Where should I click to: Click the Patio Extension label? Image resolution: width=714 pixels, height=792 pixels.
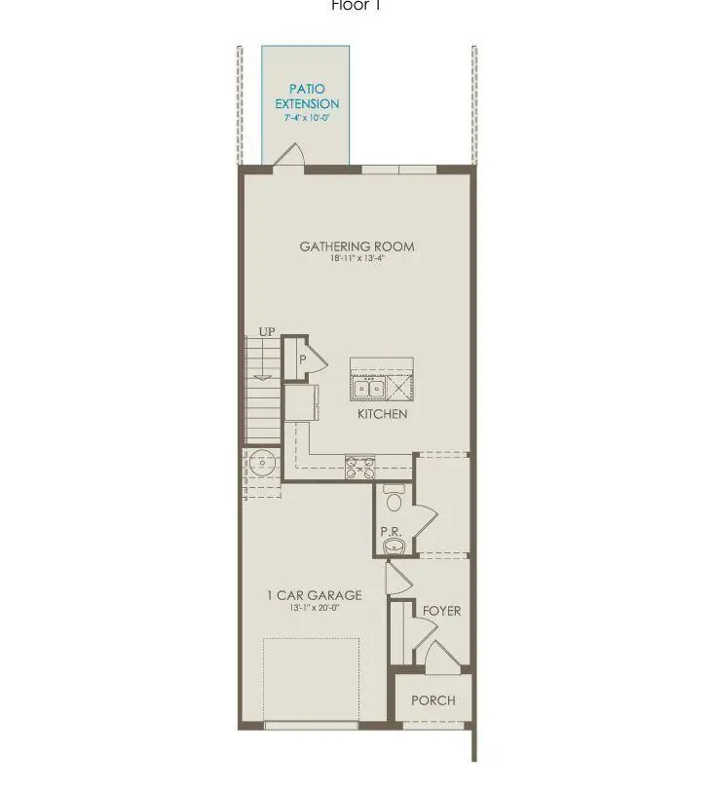pyautogui.click(x=307, y=96)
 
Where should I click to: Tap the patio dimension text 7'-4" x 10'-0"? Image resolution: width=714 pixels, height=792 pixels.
pyautogui.click(x=307, y=118)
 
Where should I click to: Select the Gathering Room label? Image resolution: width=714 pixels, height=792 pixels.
pyautogui.click(x=357, y=246)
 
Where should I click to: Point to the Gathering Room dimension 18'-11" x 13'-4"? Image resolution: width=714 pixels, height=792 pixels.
pyautogui.click(x=357, y=260)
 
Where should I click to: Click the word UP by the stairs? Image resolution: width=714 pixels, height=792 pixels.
pyautogui.click(x=267, y=333)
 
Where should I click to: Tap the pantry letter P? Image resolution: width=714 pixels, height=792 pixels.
pyautogui.click(x=303, y=359)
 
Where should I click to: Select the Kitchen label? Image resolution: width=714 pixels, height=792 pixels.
pyautogui.click(x=382, y=414)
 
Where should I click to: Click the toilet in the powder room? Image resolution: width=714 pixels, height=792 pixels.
pyautogui.click(x=395, y=500)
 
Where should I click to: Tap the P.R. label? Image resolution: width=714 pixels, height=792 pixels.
pyautogui.click(x=392, y=532)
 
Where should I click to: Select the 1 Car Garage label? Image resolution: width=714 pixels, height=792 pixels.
pyautogui.click(x=314, y=595)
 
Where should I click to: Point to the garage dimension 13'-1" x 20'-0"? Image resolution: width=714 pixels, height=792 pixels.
pyautogui.click(x=314, y=608)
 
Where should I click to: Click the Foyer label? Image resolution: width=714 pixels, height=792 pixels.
pyautogui.click(x=441, y=611)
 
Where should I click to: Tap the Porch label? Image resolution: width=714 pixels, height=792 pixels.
pyautogui.click(x=432, y=700)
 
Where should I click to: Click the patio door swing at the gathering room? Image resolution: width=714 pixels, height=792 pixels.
pyautogui.click(x=291, y=155)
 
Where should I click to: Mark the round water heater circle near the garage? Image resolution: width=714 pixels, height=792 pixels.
pyautogui.click(x=261, y=462)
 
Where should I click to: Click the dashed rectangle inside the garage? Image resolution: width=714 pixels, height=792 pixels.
pyautogui.click(x=311, y=678)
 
